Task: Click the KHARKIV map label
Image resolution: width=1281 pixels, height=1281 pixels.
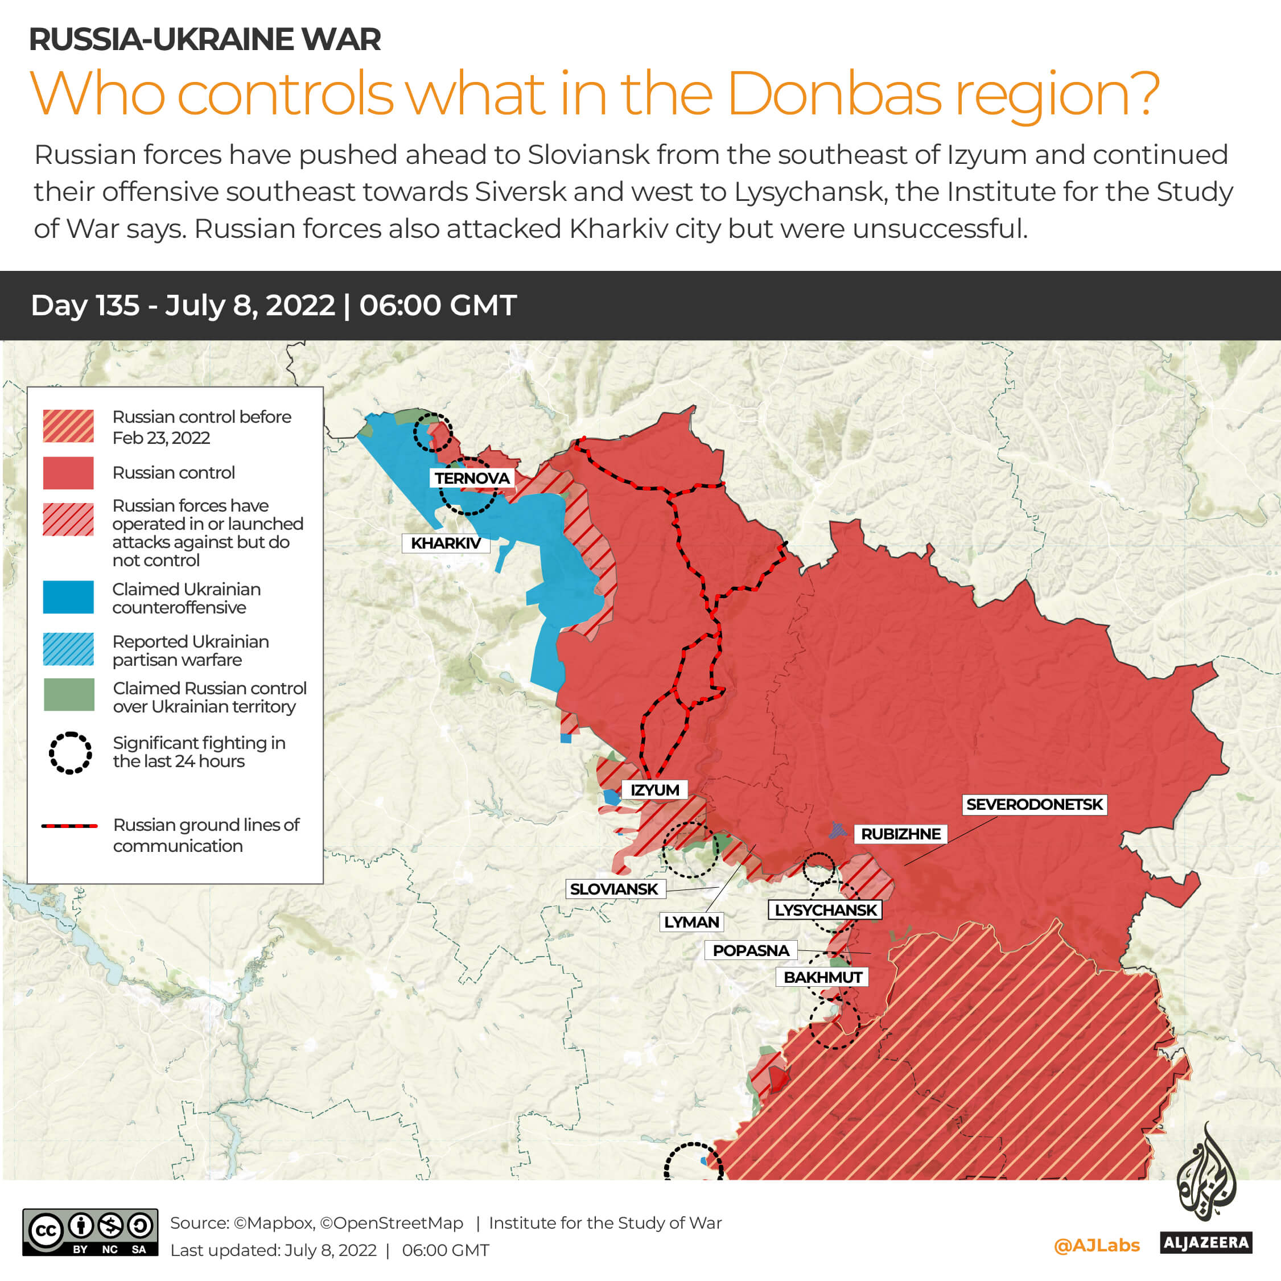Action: pos(446,543)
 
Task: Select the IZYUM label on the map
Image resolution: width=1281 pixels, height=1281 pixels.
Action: pos(654,790)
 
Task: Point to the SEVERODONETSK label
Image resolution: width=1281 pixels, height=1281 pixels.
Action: pos(1033,804)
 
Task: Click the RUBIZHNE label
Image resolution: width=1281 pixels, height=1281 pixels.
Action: pos(900,834)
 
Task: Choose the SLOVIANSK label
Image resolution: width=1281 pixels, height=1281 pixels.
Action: pos(614,888)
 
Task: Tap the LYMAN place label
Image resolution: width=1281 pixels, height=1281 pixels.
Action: pos(691,922)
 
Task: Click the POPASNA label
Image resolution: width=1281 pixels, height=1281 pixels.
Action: pos(750,950)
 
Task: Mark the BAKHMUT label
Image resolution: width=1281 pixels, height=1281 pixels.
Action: pos(822,977)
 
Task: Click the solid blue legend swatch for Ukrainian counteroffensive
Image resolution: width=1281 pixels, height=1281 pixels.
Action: pos(68,597)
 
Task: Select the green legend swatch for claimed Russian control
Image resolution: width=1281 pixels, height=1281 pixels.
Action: pos(68,694)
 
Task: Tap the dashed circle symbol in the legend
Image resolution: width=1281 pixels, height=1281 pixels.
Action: pos(69,752)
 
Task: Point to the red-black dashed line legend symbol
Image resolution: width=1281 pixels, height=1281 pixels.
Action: pos(69,826)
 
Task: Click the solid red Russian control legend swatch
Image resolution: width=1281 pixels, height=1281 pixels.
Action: pos(68,473)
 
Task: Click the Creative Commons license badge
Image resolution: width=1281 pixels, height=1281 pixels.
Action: pos(90,1232)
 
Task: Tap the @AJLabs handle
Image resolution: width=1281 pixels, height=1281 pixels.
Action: pos(1097,1245)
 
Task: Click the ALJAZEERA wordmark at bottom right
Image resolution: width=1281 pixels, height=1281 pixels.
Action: pos(1206,1242)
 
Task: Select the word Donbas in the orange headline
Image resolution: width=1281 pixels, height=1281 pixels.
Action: pos(834,94)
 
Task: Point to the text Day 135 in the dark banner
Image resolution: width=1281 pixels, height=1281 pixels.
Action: pos(85,305)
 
